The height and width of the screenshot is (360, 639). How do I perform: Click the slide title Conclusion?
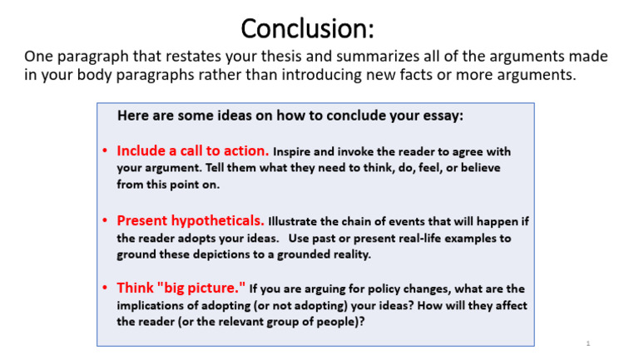[308, 29]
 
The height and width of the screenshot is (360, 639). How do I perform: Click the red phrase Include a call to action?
[192, 151]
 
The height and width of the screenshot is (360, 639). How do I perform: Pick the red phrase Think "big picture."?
[181, 288]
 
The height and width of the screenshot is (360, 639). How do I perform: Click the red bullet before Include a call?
[105, 152]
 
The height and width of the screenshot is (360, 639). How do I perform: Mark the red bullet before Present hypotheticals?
[105, 222]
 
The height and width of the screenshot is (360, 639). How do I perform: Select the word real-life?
[403, 239]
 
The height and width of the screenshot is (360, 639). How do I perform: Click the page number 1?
[587, 343]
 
